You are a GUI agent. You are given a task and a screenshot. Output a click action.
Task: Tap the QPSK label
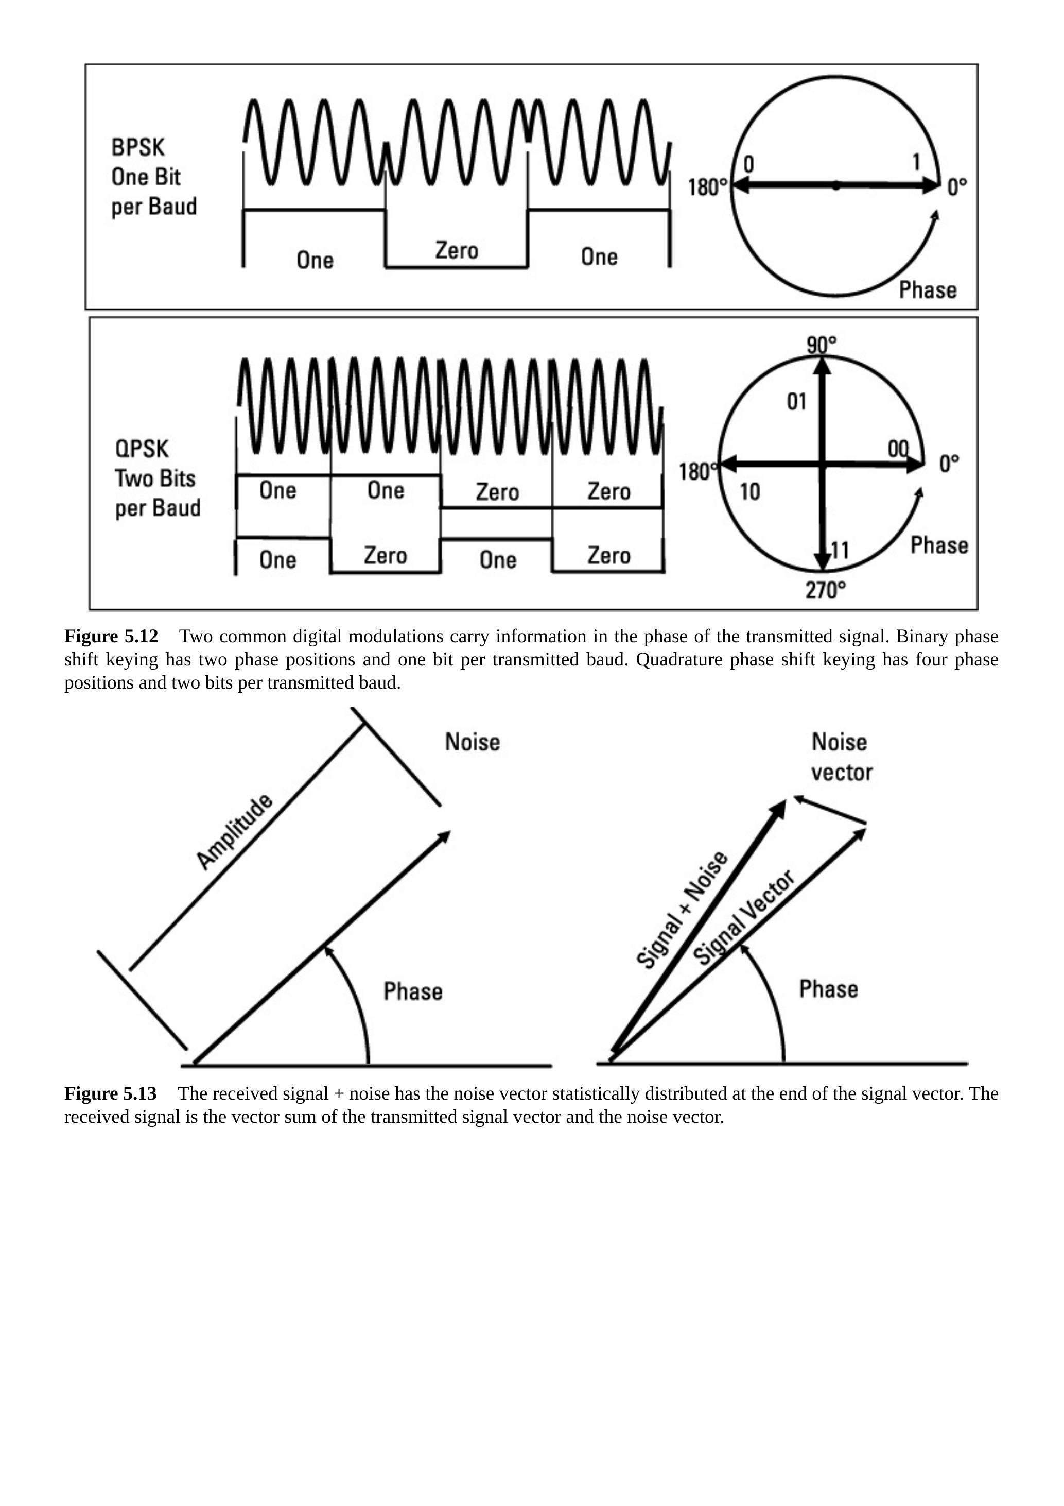tap(142, 449)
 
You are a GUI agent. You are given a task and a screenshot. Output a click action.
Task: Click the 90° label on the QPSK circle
tap(822, 344)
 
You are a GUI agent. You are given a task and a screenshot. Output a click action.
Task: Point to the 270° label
tap(825, 590)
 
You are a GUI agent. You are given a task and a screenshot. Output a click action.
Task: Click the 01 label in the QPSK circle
tap(796, 401)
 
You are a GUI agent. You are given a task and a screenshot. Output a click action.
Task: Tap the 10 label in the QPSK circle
tap(750, 491)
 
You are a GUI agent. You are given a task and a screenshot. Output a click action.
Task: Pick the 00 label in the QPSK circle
tap(898, 449)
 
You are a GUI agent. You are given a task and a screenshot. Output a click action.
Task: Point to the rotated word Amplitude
tap(234, 831)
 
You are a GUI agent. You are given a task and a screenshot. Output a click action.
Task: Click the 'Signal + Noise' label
tap(682, 909)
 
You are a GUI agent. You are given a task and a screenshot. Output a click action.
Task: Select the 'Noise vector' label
tap(841, 757)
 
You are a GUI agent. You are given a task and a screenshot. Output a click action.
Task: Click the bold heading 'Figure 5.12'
tap(111, 636)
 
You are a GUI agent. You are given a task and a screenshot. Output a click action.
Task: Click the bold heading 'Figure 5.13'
tap(110, 1093)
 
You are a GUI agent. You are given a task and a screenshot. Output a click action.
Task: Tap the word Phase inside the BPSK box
tap(927, 290)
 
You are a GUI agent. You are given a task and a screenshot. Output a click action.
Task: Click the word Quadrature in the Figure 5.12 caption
tap(678, 659)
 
